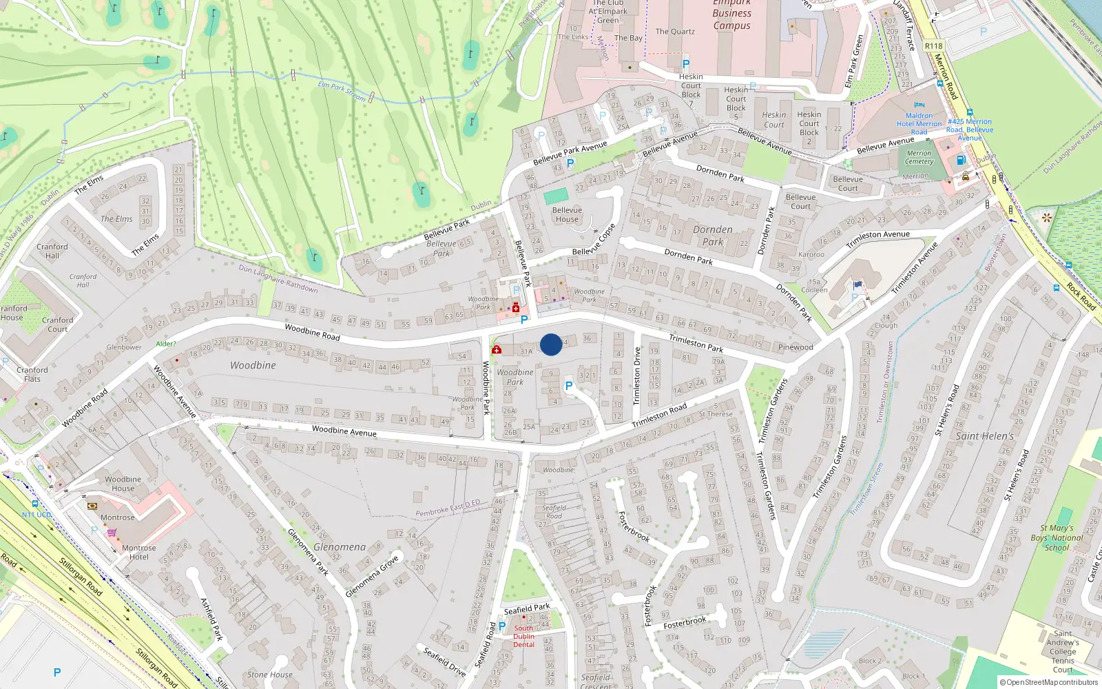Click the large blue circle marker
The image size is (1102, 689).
pos(551,344)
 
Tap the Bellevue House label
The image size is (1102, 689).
pos(567,215)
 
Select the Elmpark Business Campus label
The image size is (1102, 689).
pos(731,14)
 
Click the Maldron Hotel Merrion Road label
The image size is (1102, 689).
pos(919,124)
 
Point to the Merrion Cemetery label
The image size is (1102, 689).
pos(919,158)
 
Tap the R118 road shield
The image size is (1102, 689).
pos(933,46)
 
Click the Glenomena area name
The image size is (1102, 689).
pos(340,547)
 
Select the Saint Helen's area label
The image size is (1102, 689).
pos(984,436)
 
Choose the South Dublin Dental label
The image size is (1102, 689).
pos(523,636)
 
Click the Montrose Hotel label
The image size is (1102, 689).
pos(138,553)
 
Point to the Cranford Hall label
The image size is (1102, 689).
pos(52,251)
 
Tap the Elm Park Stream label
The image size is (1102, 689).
pos(342,91)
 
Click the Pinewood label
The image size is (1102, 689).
pos(796,347)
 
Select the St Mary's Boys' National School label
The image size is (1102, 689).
pos(1057,538)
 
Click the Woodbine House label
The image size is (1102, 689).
pos(123,484)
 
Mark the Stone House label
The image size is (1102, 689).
pos(269,675)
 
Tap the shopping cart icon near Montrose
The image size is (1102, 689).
pos(112,533)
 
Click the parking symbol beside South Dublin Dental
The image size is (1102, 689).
pos(502,626)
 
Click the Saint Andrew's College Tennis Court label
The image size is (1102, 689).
pos(1062,652)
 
